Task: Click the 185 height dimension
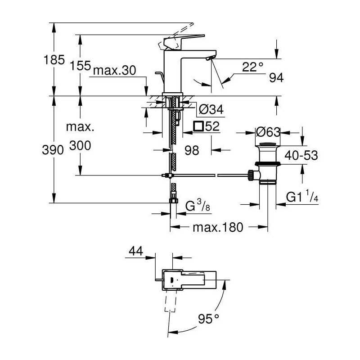point(54,60)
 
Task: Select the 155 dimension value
point(81,65)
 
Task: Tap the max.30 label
point(115,70)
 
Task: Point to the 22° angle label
point(252,67)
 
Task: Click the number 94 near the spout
point(276,78)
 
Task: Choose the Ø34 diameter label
point(211,109)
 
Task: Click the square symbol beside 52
point(198,126)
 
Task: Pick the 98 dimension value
point(192,150)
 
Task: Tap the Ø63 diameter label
point(268,132)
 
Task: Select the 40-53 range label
point(301,155)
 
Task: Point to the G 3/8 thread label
point(198,206)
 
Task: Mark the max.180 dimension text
point(218,227)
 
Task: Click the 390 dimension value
point(53,150)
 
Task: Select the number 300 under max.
point(80,145)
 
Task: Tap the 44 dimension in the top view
point(136,251)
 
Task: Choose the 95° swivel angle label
point(208,319)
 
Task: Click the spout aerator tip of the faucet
point(209,59)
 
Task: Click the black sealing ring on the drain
point(268,164)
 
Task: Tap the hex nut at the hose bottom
point(174,201)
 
